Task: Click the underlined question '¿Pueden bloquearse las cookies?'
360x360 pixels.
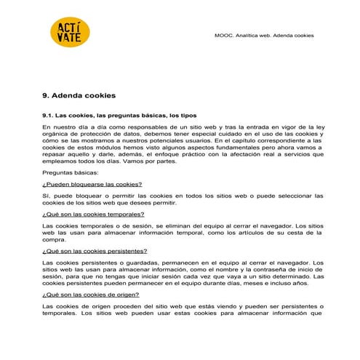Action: [91, 185]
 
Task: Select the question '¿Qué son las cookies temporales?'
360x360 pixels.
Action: [93, 215]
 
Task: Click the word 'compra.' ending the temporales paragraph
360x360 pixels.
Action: [55, 239]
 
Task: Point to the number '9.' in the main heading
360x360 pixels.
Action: [47, 95]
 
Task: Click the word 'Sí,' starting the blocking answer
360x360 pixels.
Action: [47, 196]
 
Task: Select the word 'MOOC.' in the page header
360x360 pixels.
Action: [226, 34]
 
